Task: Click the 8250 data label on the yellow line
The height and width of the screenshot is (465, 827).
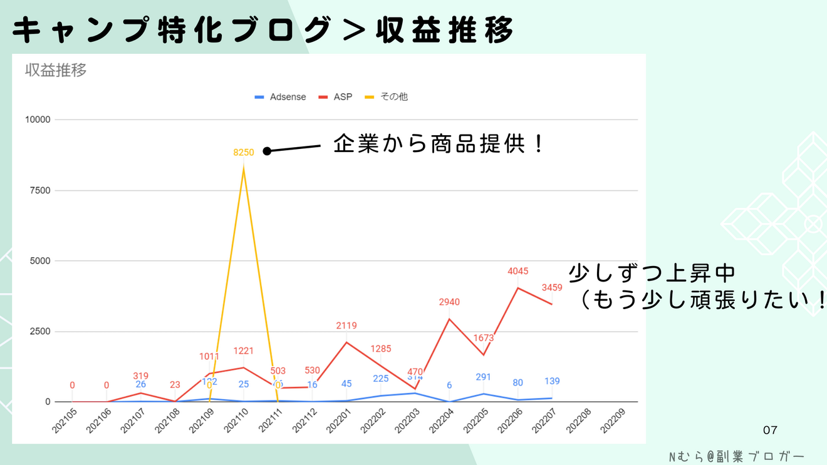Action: (243, 152)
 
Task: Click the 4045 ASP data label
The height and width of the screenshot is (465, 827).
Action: (518, 272)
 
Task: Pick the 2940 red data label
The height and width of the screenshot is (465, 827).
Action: (449, 302)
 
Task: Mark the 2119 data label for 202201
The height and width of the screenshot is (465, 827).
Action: (346, 325)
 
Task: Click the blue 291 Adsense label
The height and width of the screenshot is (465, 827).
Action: (484, 377)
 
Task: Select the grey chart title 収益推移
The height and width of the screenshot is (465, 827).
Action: (56, 70)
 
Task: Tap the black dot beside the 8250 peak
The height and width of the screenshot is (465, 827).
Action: (266, 151)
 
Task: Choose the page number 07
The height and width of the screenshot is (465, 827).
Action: (770, 431)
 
